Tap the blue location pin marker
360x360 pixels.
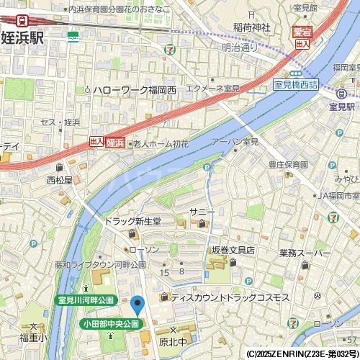[137, 305]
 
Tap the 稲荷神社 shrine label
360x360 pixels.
[251, 27]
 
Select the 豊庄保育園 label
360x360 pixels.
[288, 164]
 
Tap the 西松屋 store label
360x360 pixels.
[59, 180]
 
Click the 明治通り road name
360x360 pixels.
[239, 48]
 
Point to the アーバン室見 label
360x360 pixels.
[235, 142]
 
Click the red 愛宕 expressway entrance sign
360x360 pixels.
[303, 31]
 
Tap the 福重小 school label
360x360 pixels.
[33, 336]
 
